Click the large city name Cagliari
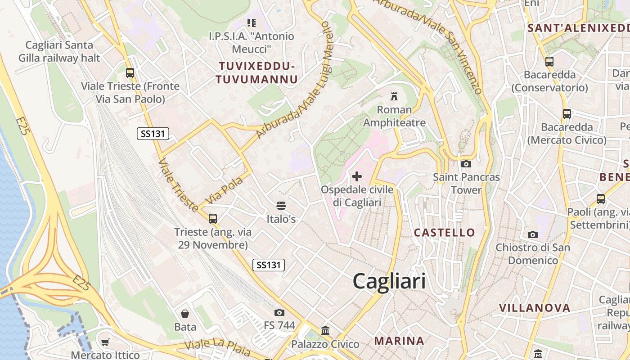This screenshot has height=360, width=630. [389, 281]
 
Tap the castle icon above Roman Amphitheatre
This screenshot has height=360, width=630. [395, 96]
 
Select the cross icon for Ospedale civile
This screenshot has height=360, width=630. [357, 176]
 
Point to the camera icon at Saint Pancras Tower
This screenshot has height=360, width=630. [466, 164]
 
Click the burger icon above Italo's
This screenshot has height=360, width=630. [282, 206]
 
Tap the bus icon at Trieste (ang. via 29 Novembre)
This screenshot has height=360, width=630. [213, 219]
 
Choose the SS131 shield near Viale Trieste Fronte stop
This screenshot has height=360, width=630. [153, 133]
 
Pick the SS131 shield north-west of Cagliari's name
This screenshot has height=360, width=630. [269, 265]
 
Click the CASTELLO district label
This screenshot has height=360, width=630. [444, 233]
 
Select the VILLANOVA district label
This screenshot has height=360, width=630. [535, 308]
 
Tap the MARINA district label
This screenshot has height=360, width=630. [399, 341]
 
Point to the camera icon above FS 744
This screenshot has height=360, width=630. [279, 312]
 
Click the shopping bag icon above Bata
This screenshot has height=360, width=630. [185, 314]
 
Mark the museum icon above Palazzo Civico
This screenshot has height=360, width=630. [325, 331]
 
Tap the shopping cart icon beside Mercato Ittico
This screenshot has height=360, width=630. [105, 342]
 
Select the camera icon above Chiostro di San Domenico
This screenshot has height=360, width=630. [533, 234]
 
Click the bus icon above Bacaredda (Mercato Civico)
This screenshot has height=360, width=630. [567, 114]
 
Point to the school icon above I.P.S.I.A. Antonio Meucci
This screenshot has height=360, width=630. [252, 22]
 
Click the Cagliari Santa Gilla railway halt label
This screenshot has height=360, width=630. [59, 51]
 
